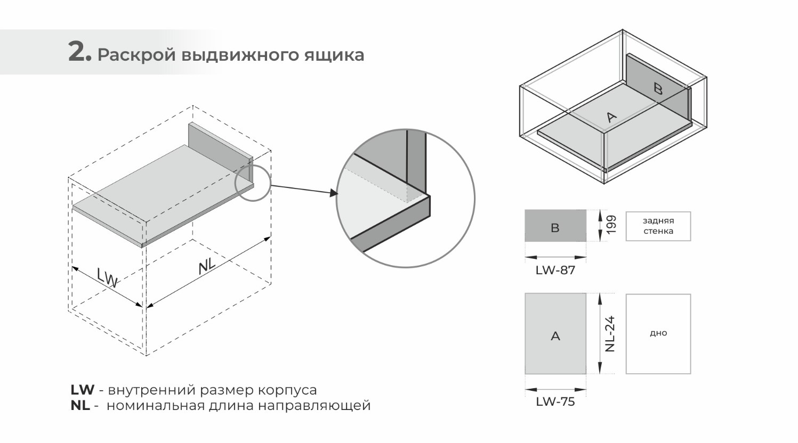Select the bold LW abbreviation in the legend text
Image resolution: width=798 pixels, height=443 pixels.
[x=82, y=390]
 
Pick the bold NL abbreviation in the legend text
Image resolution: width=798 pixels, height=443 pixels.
[x=80, y=405]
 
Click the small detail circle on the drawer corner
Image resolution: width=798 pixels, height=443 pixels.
[x=253, y=183]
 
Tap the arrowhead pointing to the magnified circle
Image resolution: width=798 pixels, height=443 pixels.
[x=333, y=193]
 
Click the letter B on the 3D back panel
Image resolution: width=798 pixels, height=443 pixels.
[x=658, y=88]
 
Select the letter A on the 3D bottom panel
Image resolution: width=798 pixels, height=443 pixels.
[x=611, y=117]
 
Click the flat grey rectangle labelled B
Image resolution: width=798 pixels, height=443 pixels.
[x=555, y=226]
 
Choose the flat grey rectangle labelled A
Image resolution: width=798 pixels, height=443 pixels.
[x=555, y=334]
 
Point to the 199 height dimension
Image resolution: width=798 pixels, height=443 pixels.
[x=611, y=225]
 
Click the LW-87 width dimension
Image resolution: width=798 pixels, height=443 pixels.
[x=555, y=270]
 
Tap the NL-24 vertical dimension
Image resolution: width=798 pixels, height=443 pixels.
[x=610, y=334]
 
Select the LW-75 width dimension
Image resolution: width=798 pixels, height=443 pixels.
[x=555, y=401]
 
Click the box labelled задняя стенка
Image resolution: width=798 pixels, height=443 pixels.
[x=658, y=226]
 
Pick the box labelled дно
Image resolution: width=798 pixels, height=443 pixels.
[x=658, y=334]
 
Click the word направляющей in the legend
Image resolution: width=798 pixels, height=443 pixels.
[x=314, y=405]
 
